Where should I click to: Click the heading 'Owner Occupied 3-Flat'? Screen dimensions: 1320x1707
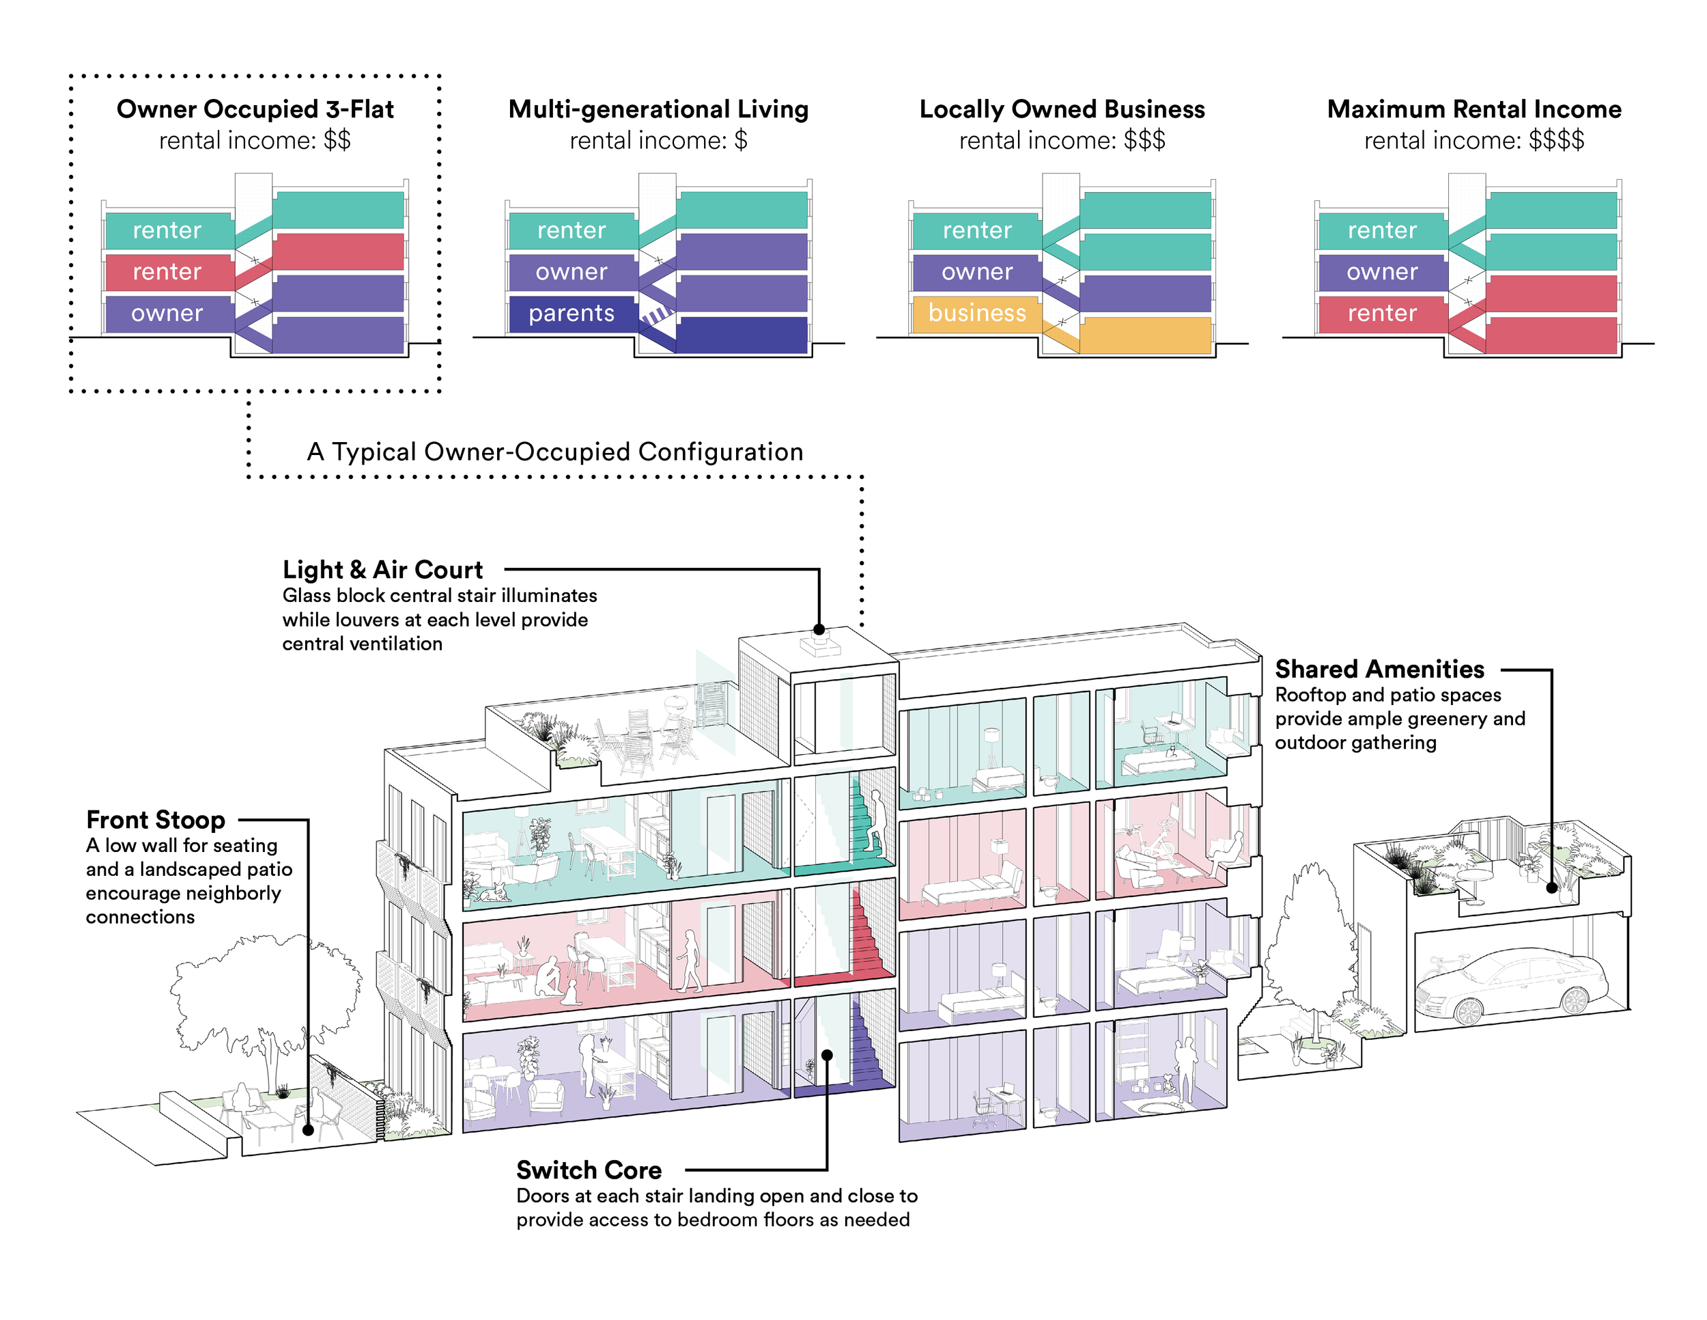click(255, 109)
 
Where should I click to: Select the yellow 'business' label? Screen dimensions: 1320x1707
click(976, 313)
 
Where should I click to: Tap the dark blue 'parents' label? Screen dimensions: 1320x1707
click(572, 313)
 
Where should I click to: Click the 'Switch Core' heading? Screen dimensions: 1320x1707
click(589, 1170)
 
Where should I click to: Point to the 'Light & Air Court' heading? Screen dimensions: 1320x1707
click(382, 569)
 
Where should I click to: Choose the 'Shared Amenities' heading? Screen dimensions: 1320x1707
click(1379, 670)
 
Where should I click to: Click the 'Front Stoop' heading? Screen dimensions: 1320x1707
click(156, 819)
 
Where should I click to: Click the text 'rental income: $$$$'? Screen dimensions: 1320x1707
click(1474, 141)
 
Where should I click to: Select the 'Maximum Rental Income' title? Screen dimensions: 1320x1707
click(1474, 109)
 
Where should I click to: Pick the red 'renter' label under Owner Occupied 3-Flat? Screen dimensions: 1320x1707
click(167, 271)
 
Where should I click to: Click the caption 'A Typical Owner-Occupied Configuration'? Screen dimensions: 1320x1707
click(555, 452)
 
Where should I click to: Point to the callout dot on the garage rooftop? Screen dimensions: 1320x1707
click(1552, 888)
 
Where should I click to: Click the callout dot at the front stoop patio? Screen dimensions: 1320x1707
click(309, 1130)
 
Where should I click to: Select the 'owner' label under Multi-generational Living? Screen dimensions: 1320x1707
click(572, 271)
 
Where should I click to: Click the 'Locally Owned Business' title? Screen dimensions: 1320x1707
click(1062, 109)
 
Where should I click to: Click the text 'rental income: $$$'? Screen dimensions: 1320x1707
click(1062, 141)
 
